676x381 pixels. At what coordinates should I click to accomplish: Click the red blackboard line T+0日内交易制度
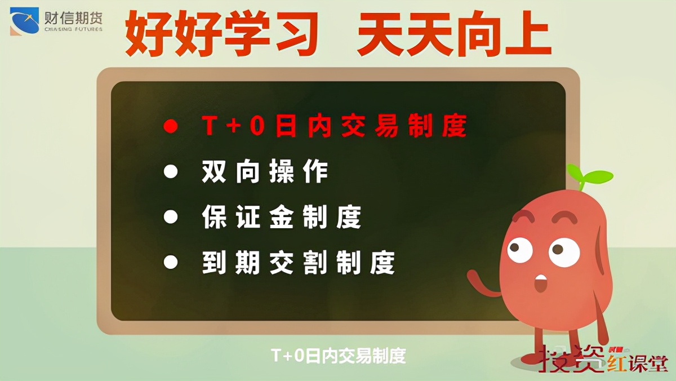pos(334,126)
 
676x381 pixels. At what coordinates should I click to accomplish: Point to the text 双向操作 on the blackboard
pos(265,171)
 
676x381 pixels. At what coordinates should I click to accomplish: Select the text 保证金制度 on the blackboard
pos(282,217)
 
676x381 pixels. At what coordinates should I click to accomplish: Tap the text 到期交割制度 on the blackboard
pos(299,262)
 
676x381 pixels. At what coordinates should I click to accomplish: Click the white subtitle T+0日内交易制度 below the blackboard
pos(338,356)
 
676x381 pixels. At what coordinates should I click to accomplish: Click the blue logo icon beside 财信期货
pos(24,20)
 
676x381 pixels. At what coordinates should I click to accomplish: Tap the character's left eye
pos(521,250)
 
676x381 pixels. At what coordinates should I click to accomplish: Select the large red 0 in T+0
pos(256,126)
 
